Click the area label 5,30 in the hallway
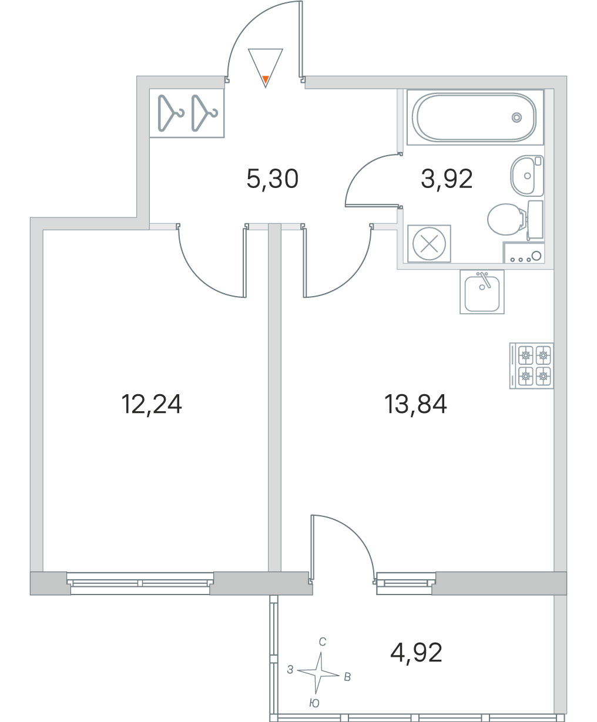[x=272, y=179]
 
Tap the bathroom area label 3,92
[x=447, y=179]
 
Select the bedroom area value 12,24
[x=152, y=404]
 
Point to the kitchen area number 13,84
[x=415, y=404]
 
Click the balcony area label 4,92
[x=416, y=653]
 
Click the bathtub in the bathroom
[x=475, y=117]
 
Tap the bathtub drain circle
[x=516, y=117]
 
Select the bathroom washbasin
[x=527, y=176]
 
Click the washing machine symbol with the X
[x=429, y=243]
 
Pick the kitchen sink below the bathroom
[x=482, y=292]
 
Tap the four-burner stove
[x=531, y=366]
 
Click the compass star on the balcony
[x=318, y=673]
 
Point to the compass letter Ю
[x=314, y=703]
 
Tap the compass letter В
[x=348, y=677]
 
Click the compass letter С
[x=323, y=642]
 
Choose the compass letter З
[x=290, y=670]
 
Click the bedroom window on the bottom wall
[x=140, y=583]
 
